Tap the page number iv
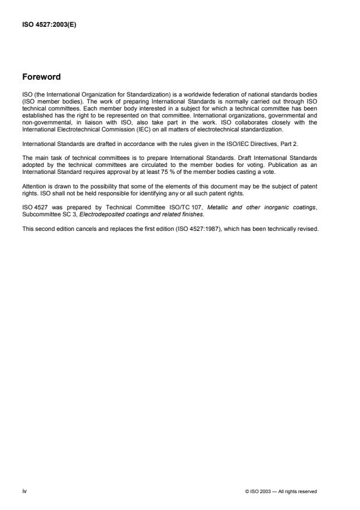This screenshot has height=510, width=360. [x=25, y=491]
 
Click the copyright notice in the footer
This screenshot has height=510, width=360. [x=281, y=491]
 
